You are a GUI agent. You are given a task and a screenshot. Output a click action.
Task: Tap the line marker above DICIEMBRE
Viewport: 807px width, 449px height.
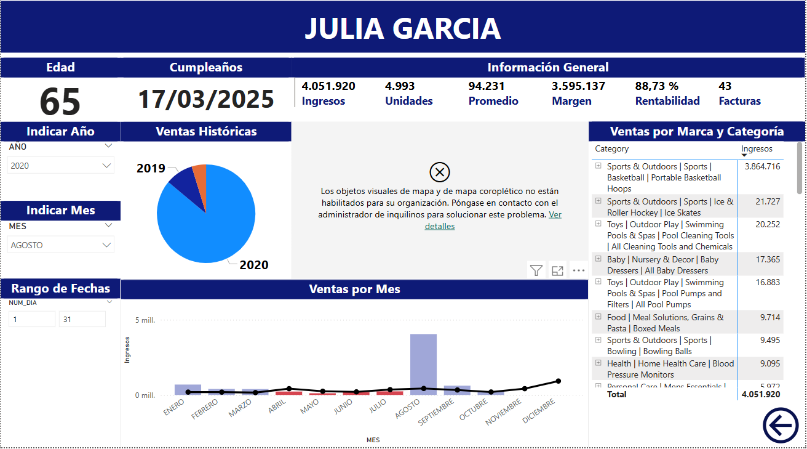pos(558,381)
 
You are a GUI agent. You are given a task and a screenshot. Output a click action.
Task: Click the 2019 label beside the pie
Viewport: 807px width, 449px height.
pos(151,168)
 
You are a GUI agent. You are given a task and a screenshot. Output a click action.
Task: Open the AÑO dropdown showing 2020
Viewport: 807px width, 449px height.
pos(61,166)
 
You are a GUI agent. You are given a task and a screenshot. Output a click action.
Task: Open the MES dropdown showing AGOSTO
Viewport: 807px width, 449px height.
pos(61,245)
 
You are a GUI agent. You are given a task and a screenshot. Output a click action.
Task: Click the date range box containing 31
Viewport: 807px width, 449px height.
pos(82,319)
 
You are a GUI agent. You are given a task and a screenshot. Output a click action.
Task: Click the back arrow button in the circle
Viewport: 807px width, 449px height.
pos(781,425)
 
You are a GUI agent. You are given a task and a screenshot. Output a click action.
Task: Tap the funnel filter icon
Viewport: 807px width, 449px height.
pos(536,270)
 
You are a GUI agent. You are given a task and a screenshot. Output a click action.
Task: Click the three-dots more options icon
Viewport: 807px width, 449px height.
pos(578,270)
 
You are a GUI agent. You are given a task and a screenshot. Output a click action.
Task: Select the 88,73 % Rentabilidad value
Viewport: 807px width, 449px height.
pos(656,86)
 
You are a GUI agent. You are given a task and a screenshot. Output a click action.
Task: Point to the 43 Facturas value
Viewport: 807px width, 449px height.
pos(725,86)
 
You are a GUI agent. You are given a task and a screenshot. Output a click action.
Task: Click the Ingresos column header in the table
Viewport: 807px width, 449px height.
pos(757,149)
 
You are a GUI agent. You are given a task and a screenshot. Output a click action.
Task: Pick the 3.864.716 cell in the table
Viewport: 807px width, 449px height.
pos(762,167)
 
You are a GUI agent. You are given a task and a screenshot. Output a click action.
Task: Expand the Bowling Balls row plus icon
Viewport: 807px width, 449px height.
pos(598,339)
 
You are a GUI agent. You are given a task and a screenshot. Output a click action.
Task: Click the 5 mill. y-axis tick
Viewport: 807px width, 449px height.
pos(145,320)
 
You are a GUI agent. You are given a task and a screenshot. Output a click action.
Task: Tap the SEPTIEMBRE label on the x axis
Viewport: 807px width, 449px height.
pos(437,411)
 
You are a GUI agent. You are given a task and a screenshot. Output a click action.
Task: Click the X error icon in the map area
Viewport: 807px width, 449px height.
pos(439,172)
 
